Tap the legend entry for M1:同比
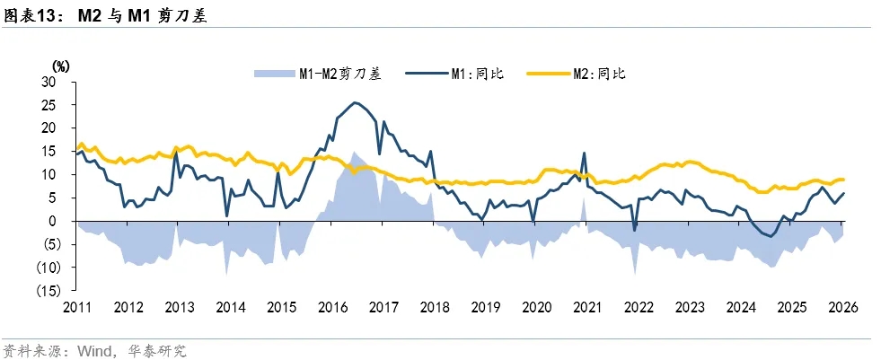476,74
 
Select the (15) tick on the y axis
46,291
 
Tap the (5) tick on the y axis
49,244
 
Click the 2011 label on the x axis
76,307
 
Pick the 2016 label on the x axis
332,307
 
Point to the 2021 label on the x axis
587,307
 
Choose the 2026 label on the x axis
842,307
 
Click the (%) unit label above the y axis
60,66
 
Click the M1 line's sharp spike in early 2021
584,153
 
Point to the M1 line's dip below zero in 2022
634,230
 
